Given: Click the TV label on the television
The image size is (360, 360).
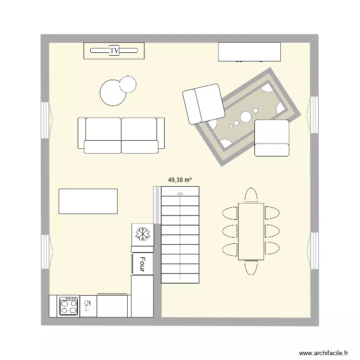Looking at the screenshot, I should click(x=114, y=50).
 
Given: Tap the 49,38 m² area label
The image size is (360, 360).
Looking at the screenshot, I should click(x=180, y=180).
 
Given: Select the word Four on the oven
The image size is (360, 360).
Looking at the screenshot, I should click(x=142, y=264).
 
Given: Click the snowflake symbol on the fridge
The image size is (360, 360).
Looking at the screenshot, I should click(x=143, y=234).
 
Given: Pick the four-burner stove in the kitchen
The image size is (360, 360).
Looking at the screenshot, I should click(x=69, y=306).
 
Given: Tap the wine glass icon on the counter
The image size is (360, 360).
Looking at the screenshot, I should click(x=87, y=306).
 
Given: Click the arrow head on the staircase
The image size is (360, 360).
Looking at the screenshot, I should click(x=180, y=194).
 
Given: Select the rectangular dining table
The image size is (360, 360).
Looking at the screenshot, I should click(x=251, y=231).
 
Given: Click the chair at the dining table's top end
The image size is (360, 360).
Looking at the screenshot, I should click(x=251, y=195).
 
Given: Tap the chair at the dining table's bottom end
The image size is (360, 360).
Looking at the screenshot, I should click(x=251, y=267).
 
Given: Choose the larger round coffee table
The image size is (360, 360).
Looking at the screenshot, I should click(x=113, y=92).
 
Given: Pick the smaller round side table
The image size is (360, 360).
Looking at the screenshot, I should click(x=128, y=84).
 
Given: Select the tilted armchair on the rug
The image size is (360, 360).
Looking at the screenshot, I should click(x=204, y=104).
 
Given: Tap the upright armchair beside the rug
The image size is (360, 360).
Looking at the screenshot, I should click(x=272, y=138).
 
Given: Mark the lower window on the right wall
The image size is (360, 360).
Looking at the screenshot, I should click(x=314, y=250).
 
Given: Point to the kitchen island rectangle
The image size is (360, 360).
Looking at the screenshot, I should click(x=88, y=201).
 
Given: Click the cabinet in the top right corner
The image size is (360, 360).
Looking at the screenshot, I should click(x=249, y=52).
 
